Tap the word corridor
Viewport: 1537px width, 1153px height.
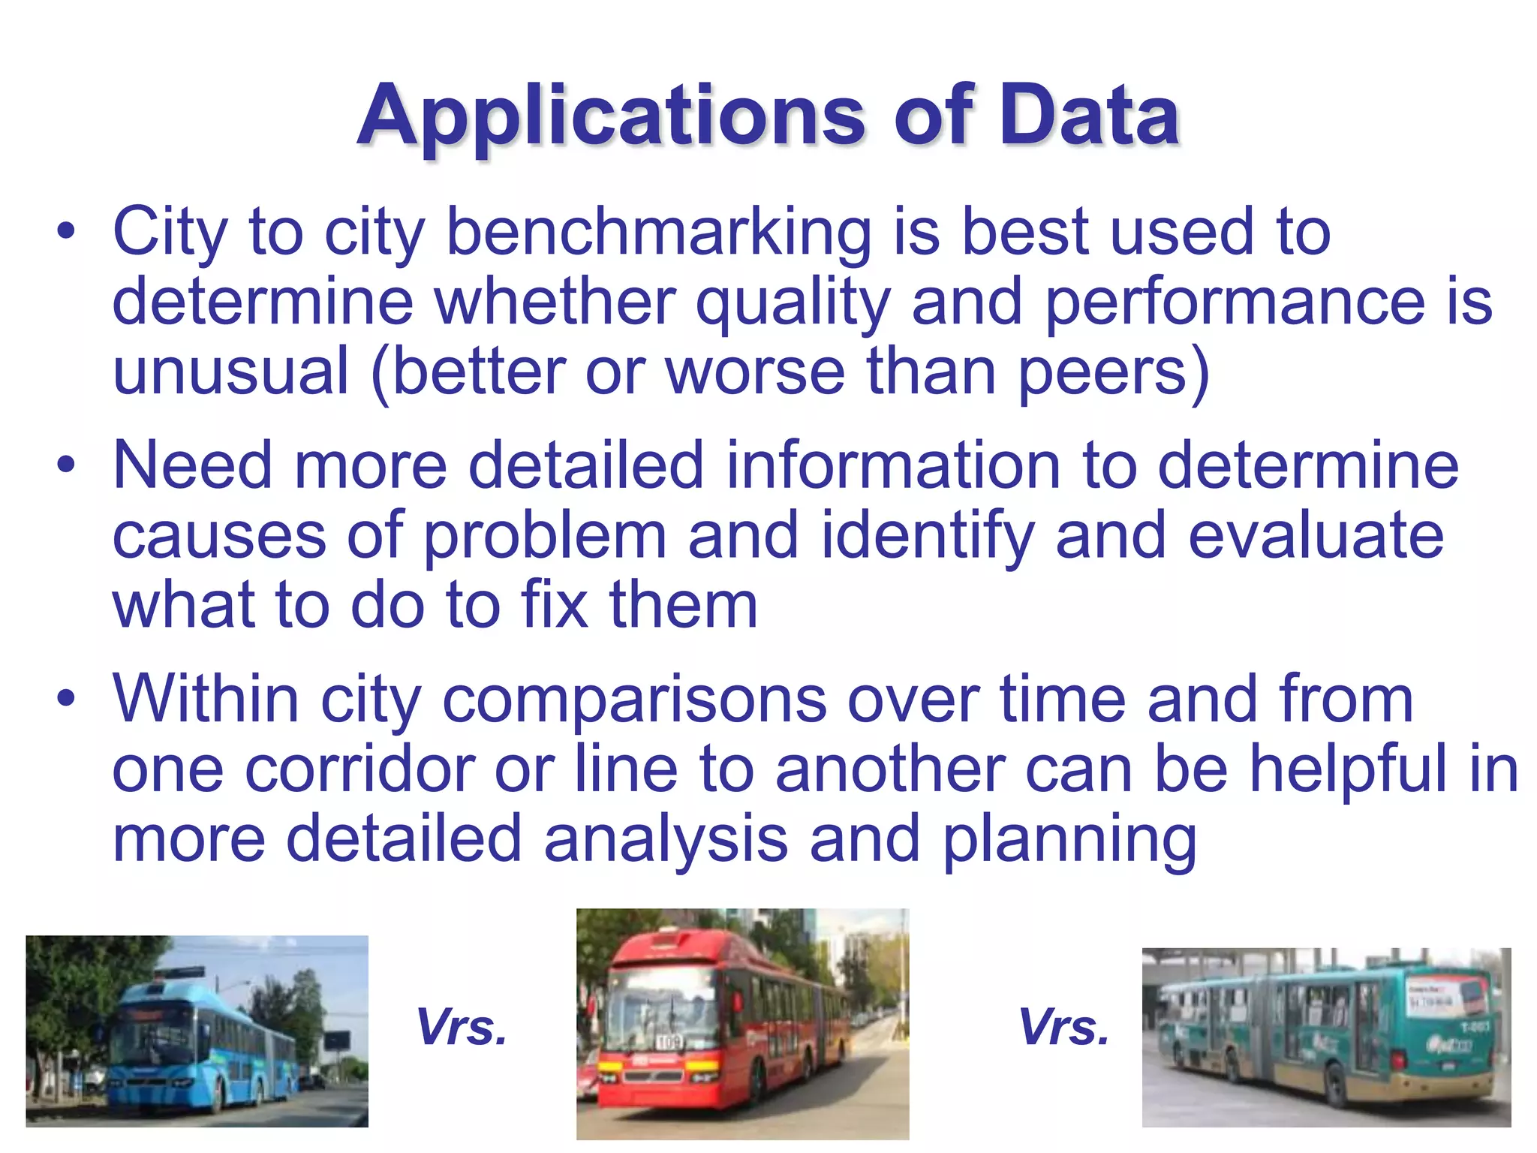tap(363, 769)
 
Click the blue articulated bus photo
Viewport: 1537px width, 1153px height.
tap(197, 1031)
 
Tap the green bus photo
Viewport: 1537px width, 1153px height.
tap(1326, 1037)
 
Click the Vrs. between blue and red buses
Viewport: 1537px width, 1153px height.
tap(462, 1027)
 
